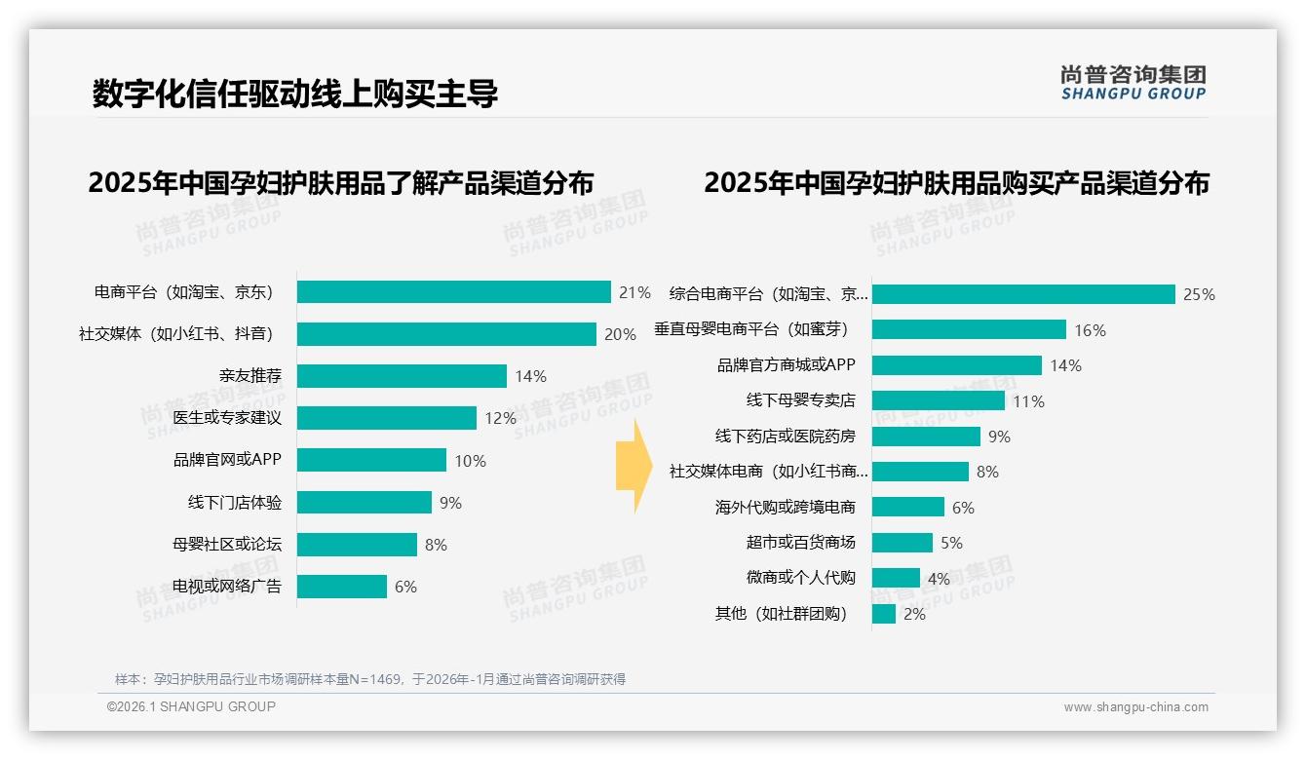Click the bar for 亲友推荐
click(x=402, y=376)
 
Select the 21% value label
click(x=634, y=292)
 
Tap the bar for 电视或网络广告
click(x=342, y=587)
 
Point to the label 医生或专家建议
click(x=227, y=418)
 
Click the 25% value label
click(x=1199, y=294)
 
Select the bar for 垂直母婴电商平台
click(x=969, y=330)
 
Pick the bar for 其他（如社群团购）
click(x=884, y=614)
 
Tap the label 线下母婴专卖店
click(x=800, y=400)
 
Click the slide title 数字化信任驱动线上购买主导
click(x=295, y=94)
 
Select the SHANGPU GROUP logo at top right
click(x=1133, y=83)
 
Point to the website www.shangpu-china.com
click(x=1135, y=707)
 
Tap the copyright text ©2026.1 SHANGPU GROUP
click(x=191, y=706)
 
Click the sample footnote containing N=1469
click(x=370, y=679)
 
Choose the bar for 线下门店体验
click(x=365, y=503)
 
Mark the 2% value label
click(x=914, y=614)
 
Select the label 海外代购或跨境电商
click(x=786, y=507)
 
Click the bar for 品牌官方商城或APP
click(x=957, y=365)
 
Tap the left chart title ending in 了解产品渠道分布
click(x=340, y=183)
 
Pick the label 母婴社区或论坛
click(x=227, y=544)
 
